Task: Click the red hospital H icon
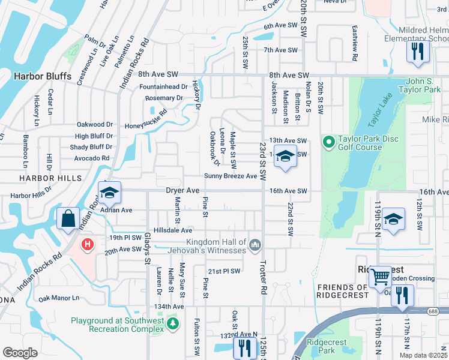pyautogui.click(x=88, y=244)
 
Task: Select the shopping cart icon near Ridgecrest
pyautogui.click(x=380, y=277)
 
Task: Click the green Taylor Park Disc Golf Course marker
pyautogui.click(x=328, y=142)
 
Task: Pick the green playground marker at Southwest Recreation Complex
pyautogui.click(x=173, y=325)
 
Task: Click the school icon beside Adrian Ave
pyautogui.click(x=109, y=193)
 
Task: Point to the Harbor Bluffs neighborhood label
pyautogui.click(x=43, y=76)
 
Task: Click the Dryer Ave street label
pyautogui.click(x=182, y=190)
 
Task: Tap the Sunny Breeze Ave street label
pyautogui.click(x=231, y=176)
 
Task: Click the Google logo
pyautogui.click(x=20, y=352)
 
